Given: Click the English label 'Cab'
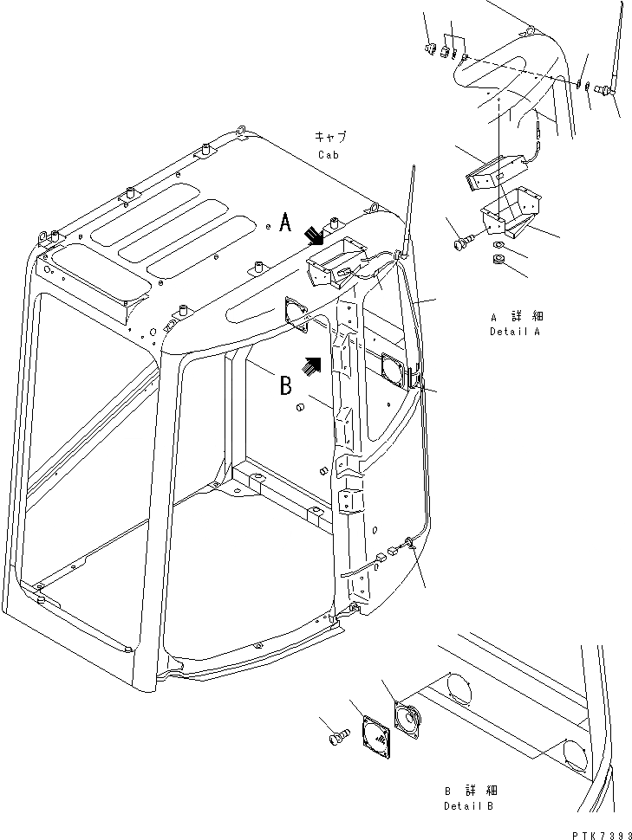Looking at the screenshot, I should (329, 155).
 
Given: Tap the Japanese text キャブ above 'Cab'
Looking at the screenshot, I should (329, 137).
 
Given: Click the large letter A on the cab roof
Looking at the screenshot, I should (284, 225).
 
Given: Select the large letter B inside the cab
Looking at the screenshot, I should (285, 384).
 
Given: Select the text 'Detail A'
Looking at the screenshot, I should (516, 332).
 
